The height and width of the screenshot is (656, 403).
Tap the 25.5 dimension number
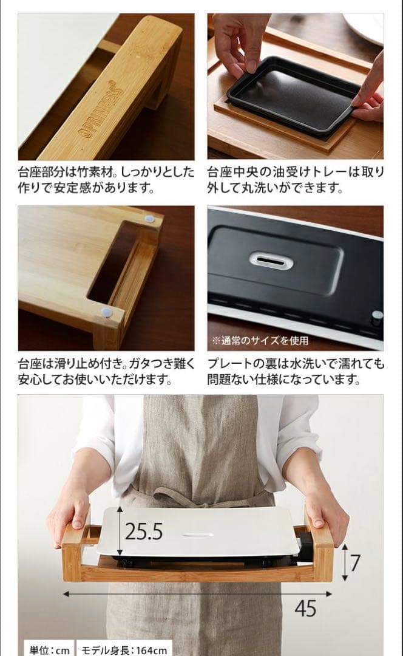(x=144, y=531)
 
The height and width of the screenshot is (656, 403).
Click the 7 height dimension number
(x=355, y=562)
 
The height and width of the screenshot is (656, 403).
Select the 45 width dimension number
(x=306, y=608)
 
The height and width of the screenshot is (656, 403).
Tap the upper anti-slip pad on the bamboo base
(x=149, y=219)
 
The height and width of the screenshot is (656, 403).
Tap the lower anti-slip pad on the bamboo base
(x=107, y=312)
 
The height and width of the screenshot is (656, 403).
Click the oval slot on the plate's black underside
(x=271, y=261)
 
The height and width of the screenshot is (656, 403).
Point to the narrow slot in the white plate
(x=198, y=535)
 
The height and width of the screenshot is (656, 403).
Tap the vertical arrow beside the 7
(x=345, y=562)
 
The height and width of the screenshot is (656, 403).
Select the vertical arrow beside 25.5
(x=120, y=531)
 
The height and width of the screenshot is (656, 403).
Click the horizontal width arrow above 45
(x=197, y=593)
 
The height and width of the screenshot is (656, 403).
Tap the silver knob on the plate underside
(x=377, y=318)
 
